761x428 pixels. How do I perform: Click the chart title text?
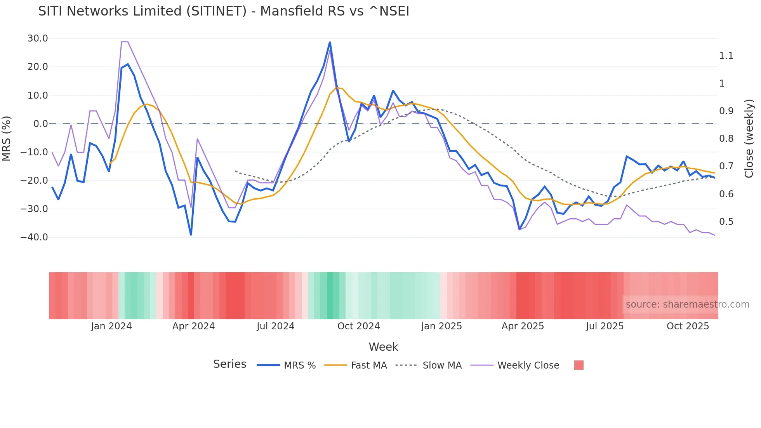click(224, 11)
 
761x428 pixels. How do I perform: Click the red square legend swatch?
click(579, 365)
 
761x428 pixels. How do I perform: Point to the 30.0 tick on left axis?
click(38, 38)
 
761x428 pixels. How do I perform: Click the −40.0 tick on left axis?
click(34, 237)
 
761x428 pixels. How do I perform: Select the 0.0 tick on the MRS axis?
click(40, 124)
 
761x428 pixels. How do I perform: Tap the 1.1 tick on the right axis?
click(726, 56)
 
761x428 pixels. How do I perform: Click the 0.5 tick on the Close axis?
click(726, 222)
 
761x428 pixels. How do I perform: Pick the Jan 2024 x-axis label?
click(111, 326)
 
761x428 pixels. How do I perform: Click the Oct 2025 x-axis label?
click(688, 326)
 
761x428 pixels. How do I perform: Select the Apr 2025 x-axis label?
click(523, 326)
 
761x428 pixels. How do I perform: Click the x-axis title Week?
click(383, 347)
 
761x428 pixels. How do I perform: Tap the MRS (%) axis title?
click(7, 138)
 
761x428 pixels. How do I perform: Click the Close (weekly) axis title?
click(749, 138)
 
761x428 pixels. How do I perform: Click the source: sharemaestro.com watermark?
click(687, 304)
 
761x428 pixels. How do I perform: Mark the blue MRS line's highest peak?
click(330, 42)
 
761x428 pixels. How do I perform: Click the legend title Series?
click(229, 364)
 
